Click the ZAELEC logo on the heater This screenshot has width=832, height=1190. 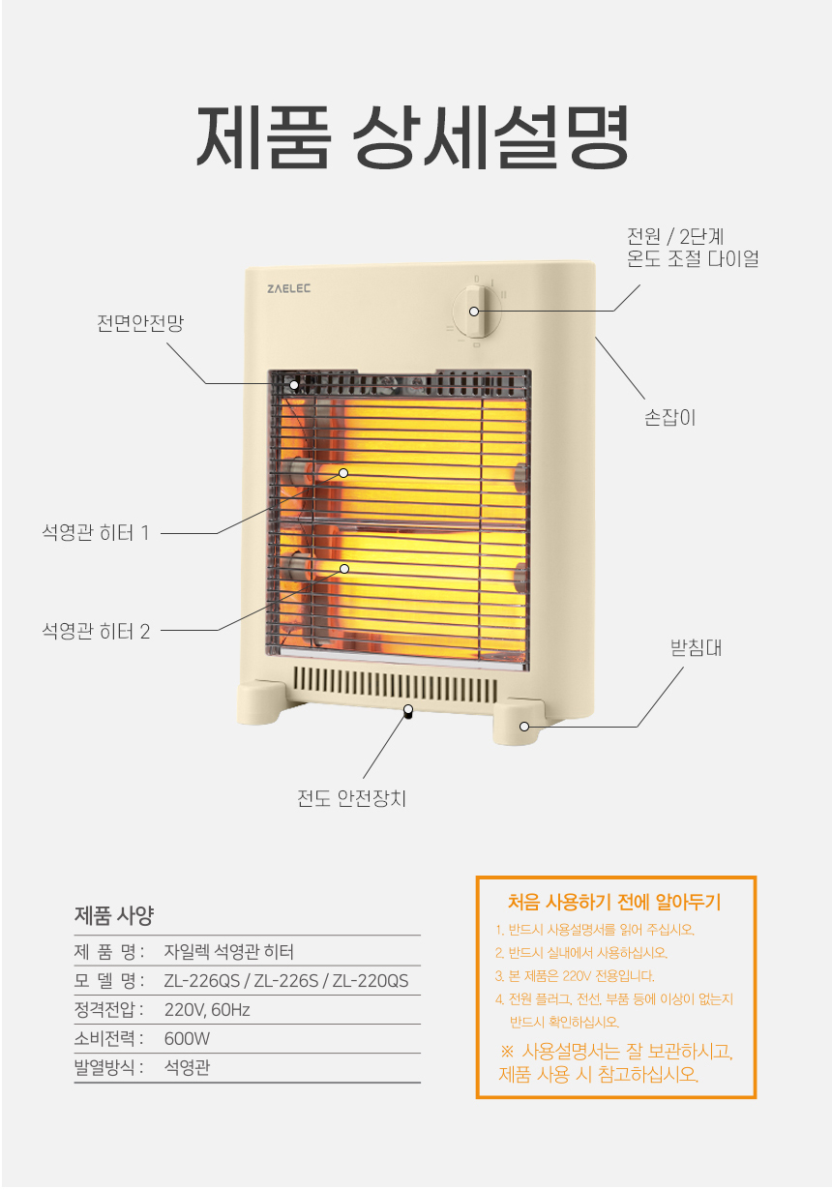288,288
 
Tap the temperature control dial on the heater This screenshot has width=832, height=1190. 477,312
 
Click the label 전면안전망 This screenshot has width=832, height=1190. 140,323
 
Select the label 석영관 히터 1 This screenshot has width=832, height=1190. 96,532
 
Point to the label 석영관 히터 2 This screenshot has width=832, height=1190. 96,631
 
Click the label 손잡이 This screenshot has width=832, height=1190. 669,418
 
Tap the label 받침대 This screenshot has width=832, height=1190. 696,647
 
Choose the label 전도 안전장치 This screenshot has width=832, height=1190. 352,798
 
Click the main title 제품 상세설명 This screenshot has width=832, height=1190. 413,136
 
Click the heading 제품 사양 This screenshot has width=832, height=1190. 114,915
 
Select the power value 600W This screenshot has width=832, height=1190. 187,1039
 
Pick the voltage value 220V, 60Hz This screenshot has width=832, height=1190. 207,1009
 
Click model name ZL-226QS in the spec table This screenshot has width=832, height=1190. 202,981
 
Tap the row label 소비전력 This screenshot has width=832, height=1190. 104,1039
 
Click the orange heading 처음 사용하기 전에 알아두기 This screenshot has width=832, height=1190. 614,902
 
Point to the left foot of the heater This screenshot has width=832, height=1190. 262,702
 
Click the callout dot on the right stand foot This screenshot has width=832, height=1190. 523,727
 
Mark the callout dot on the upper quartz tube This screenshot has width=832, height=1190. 343,473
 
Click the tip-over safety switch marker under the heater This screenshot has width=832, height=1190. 408,710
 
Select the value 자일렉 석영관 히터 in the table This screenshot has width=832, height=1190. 228,951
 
